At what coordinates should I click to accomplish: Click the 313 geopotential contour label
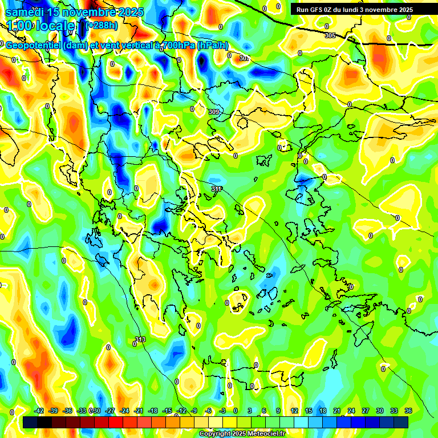pyautogui.click(x=140, y=340)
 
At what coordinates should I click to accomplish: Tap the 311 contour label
pyautogui.click(x=216, y=189)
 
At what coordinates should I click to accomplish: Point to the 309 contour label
pyautogui.click(x=214, y=112)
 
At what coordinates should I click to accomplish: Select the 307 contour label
pyautogui.click(x=245, y=58)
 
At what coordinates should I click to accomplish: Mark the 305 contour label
pyautogui.click(x=330, y=35)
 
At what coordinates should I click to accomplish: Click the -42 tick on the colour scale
pyautogui.click(x=39, y=411)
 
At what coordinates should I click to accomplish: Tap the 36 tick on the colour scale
pyautogui.click(x=408, y=411)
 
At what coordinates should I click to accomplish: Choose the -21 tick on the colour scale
pyautogui.click(x=139, y=411)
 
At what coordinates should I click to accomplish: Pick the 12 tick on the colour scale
pyautogui.click(x=294, y=411)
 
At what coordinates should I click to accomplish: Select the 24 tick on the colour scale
pyautogui.click(x=351, y=411)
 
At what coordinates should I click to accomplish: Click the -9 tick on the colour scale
pyautogui.click(x=194, y=411)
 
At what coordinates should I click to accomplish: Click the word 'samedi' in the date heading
pyautogui.click(x=25, y=12)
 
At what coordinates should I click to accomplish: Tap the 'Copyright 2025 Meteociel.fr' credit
pyautogui.click(x=242, y=433)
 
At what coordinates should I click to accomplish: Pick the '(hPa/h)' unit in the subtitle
pyautogui.click(x=213, y=46)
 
